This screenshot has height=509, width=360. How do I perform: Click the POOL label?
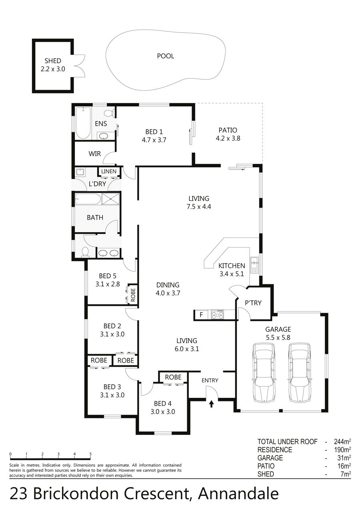tap(166, 56)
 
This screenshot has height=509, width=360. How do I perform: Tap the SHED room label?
tap(53, 61)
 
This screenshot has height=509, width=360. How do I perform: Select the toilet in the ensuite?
tap(109, 113)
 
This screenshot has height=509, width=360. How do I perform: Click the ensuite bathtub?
tap(83, 123)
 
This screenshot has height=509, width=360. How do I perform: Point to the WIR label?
tap(94, 154)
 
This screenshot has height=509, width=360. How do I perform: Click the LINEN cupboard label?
tap(109, 172)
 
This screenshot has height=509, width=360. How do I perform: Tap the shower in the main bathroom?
tap(110, 199)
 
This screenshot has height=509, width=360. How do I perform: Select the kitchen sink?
tap(254, 265)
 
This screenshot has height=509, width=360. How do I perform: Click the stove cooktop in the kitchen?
tap(218, 315)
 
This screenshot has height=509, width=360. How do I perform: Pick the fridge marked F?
tap(201, 315)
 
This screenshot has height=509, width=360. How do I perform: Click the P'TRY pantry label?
tap(253, 303)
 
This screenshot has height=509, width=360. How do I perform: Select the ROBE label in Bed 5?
tap(133, 295)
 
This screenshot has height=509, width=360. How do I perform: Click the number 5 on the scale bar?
tap(90, 454)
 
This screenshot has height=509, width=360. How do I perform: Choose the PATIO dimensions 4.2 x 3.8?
tap(228, 138)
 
